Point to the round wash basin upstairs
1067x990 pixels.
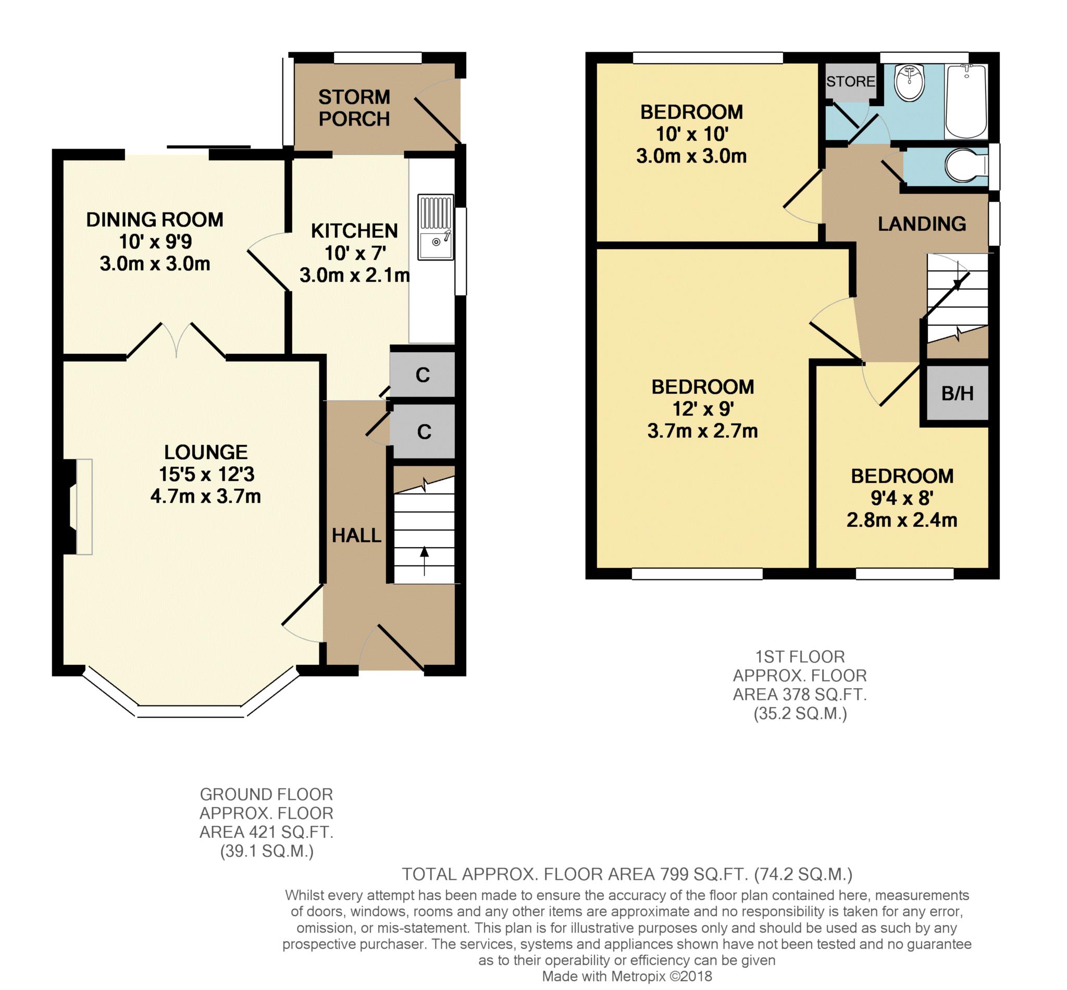point(909,83)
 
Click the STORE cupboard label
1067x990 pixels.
point(850,81)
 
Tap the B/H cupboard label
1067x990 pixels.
point(957,394)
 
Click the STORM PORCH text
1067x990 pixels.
point(354,108)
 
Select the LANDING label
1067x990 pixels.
point(921,224)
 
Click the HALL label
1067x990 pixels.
point(356,535)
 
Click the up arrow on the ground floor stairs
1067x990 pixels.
point(424,557)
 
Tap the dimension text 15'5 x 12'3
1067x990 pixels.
point(206,474)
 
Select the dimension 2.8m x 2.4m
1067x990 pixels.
point(901,519)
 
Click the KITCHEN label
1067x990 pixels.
point(354,231)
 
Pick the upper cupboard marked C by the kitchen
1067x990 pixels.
point(422,375)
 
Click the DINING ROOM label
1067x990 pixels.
point(154,220)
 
